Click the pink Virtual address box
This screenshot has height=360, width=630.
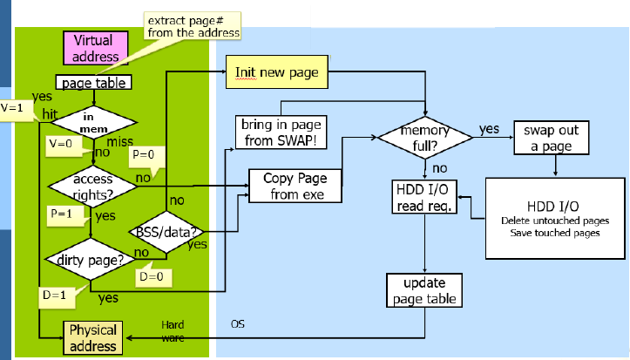(x=96, y=48)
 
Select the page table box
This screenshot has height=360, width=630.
(x=93, y=83)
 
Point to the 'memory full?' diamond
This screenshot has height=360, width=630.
(x=424, y=138)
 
